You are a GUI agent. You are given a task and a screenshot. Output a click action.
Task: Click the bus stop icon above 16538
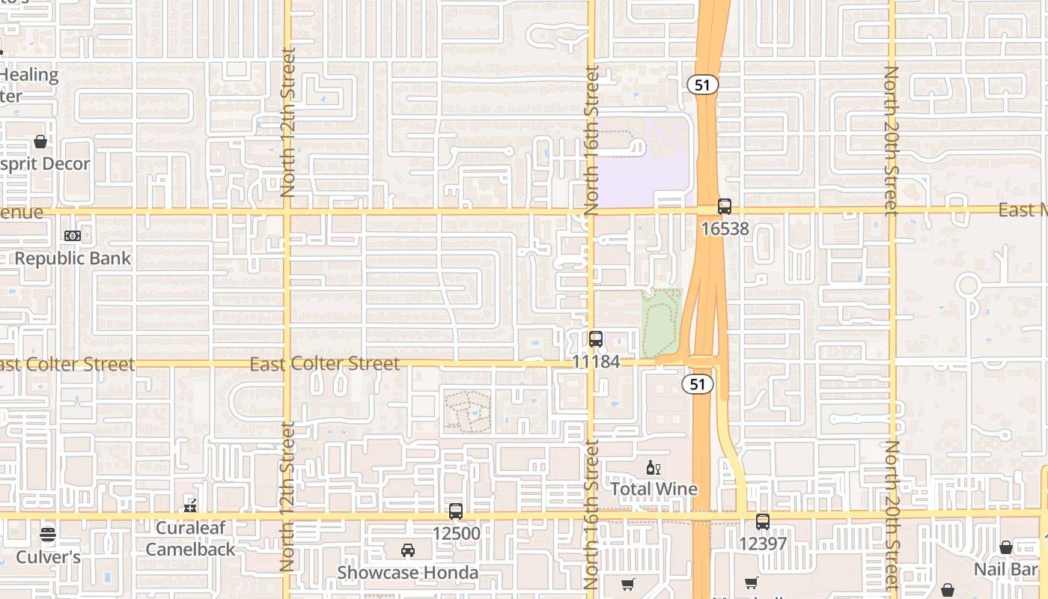(x=724, y=207)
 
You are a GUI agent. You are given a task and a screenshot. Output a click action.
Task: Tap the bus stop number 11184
(x=596, y=362)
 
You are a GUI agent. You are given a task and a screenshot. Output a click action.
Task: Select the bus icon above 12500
(x=456, y=511)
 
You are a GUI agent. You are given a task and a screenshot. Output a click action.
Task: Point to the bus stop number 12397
(x=763, y=543)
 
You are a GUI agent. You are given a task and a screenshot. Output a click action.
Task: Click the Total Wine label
(x=654, y=489)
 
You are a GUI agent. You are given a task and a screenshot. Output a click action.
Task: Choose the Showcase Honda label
(x=408, y=573)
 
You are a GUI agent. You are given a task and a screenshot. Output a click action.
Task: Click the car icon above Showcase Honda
(x=408, y=550)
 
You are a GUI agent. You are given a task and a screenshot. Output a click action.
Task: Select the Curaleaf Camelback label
(x=190, y=538)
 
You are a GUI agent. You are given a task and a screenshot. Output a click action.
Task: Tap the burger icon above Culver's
(x=48, y=535)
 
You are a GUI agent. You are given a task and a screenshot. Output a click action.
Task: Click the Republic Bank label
(x=73, y=258)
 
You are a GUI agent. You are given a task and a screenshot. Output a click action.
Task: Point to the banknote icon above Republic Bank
(x=72, y=236)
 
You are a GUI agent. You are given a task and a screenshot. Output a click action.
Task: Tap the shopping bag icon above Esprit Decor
(x=40, y=142)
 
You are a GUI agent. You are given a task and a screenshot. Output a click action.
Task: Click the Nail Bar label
(x=1005, y=569)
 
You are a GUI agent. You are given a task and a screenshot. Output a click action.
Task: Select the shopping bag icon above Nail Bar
(x=1006, y=547)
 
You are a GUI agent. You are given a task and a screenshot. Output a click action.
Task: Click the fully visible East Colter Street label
(x=325, y=364)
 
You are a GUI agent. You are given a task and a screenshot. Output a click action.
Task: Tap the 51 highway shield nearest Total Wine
(x=698, y=384)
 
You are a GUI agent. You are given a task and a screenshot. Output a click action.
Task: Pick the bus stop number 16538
(x=725, y=228)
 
